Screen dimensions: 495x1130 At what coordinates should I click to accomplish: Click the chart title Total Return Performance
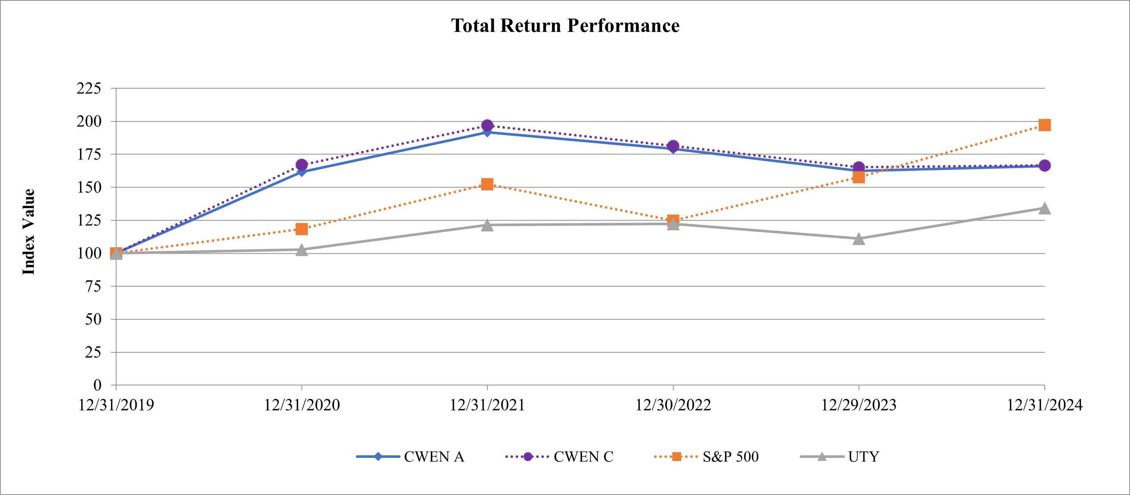[x=565, y=26]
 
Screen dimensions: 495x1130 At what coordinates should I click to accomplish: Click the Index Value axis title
[x=29, y=232]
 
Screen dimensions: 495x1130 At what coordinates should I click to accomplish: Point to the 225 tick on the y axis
[x=89, y=88]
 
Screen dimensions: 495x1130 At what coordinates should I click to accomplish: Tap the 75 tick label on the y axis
[x=93, y=286]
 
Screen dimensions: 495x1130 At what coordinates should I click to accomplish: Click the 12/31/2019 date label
[x=116, y=405]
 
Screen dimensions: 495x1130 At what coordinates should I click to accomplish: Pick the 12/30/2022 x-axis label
[x=673, y=405]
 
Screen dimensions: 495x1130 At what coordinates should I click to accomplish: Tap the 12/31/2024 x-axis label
[x=1044, y=405]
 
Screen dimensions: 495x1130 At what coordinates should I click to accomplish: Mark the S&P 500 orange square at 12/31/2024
[x=1044, y=125]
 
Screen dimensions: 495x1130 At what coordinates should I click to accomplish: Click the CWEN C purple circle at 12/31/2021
[x=487, y=125]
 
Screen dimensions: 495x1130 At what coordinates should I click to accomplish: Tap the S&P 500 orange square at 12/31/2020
[x=302, y=229]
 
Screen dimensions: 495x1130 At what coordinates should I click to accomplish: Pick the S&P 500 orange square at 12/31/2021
[x=487, y=184]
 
